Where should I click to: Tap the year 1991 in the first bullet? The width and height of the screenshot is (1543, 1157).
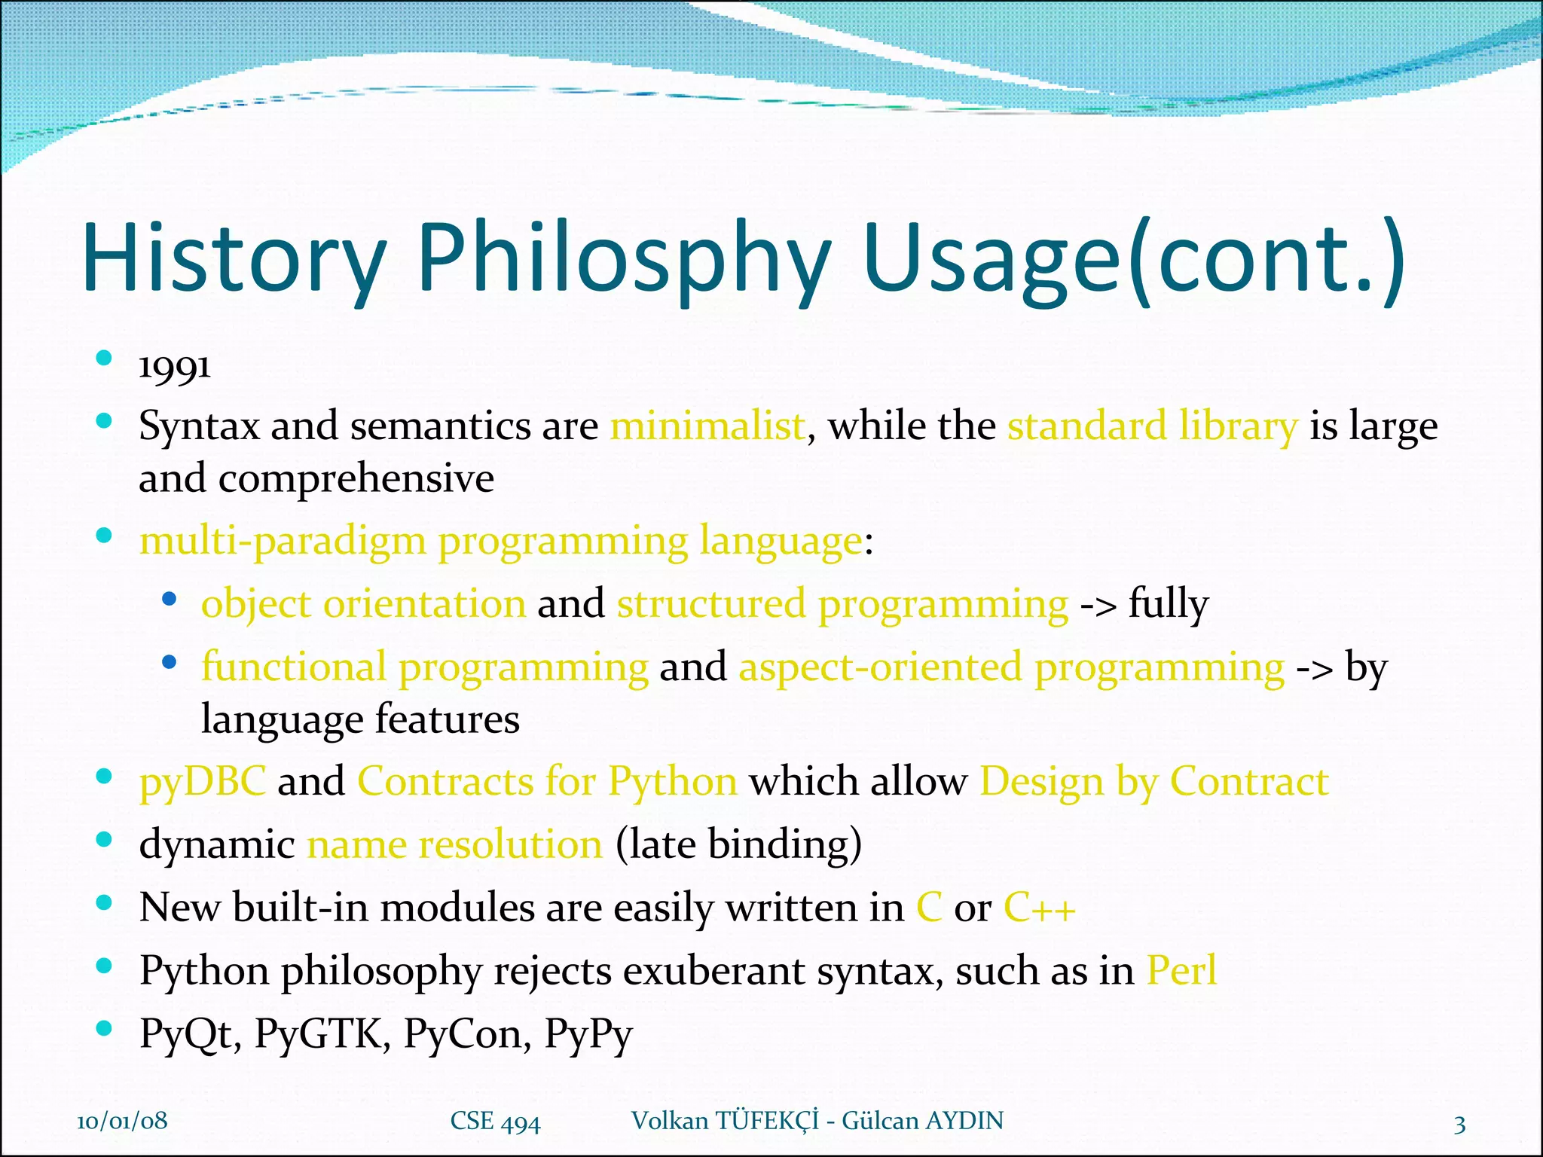pyautogui.click(x=175, y=368)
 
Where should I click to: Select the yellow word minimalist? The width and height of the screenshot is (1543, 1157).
pyautogui.click(x=707, y=426)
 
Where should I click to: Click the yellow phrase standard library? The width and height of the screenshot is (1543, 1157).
pyautogui.click(x=1153, y=426)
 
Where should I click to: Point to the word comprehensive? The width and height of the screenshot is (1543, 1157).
pyautogui.click(x=356, y=478)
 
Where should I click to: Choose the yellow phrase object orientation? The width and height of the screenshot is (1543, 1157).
pyautogui.click(x=363, y=604)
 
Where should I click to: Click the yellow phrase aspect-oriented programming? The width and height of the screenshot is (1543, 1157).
pyautogui.click(x=1011, y=667)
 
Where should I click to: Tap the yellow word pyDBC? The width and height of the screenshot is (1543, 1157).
pyautogui.click(x=203, y=781)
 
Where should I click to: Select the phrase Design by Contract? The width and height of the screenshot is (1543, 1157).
pyautogui.click(x=1153, y=781)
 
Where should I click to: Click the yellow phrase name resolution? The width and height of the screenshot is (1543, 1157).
pyautogui.click(x=454, y=844)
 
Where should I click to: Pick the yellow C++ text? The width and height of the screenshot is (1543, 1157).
pyautogui.click(x=1039, y=907)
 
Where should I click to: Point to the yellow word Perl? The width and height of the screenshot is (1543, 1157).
pyautogui.click(x=1181, y=970)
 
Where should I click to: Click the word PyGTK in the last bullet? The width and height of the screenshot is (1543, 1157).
pyautogui.click(x=322, y=1033)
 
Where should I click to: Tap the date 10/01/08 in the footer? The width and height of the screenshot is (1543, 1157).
pyautogui.click(x=122, y=1120)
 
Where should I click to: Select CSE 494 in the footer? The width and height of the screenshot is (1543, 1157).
pyautogui.click(x=495, y=1121)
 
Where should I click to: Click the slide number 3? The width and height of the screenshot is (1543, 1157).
pyautogui.click(x=1459, y=1125)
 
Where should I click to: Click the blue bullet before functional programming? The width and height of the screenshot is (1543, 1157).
pyautogui.click(x=170, y=663)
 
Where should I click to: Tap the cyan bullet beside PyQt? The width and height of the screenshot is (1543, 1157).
pyautogui.click(x=105, y=1028)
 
